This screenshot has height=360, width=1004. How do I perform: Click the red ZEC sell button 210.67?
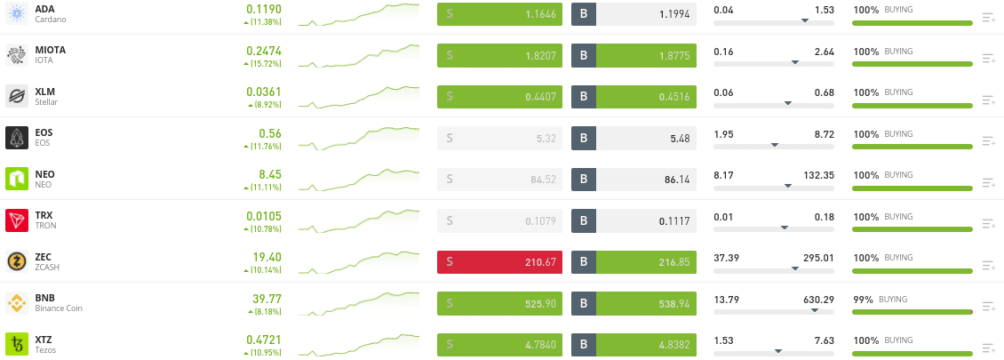tap(499, 261)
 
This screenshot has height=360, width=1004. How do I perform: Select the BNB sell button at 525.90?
tap(499, 303)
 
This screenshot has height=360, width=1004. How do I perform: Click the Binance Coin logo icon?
tap(17, 303)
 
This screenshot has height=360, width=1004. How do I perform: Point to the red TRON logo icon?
tap(17, 220)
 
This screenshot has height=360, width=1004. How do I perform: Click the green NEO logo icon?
tap(17, 179)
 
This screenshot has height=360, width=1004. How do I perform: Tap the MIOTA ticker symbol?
tap(50, 50)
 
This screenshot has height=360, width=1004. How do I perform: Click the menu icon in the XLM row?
tap(989, 100)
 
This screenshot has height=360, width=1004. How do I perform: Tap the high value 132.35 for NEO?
tap(817, 175)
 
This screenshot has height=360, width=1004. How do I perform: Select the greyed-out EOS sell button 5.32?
tap(499, 138)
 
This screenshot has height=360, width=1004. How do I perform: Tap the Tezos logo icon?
tap(17, 344)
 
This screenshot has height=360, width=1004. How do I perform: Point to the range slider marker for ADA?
tap(805, 20)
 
